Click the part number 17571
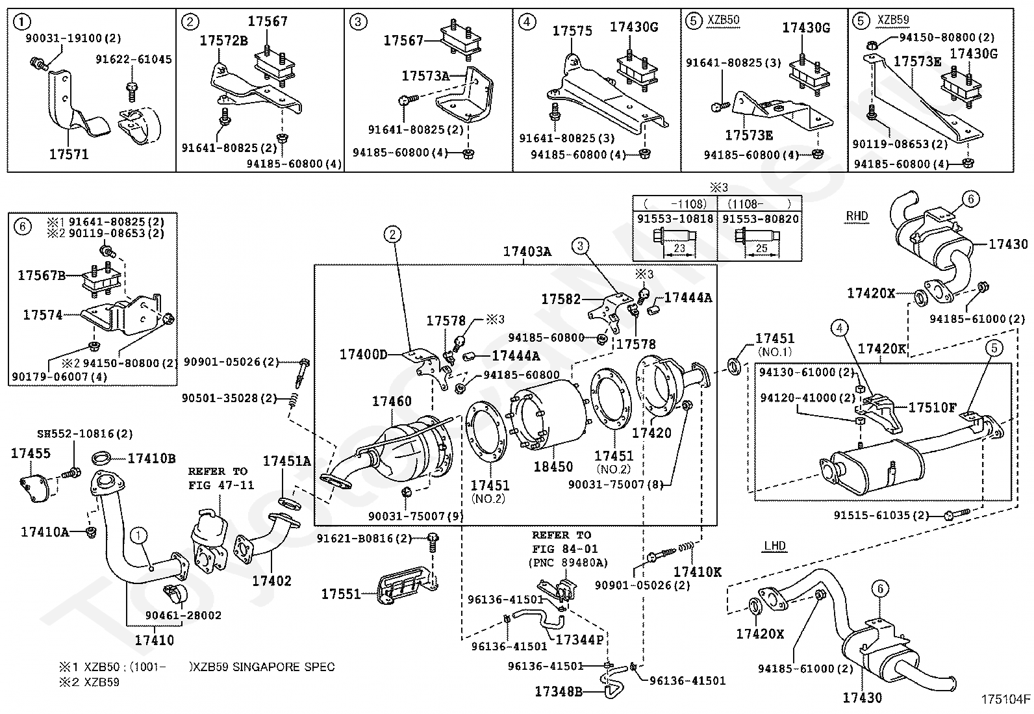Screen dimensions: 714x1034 69,155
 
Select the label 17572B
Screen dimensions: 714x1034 223,41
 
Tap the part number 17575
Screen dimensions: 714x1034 572,31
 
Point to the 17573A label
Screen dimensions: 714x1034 425,76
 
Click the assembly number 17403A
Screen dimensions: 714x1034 527,251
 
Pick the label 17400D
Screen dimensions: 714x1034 363,354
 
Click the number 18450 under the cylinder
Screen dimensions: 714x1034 553,466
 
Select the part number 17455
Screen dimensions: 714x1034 31,453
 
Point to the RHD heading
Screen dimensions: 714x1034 857,216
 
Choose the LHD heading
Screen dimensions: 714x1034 775,546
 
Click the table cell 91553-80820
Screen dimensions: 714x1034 760,220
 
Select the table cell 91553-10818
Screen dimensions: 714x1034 675,220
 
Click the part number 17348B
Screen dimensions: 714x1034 559,691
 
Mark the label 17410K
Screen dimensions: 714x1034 698,572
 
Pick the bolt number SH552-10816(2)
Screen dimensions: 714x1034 76,433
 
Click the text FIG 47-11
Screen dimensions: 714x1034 221,485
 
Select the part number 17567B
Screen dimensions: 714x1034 42,275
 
